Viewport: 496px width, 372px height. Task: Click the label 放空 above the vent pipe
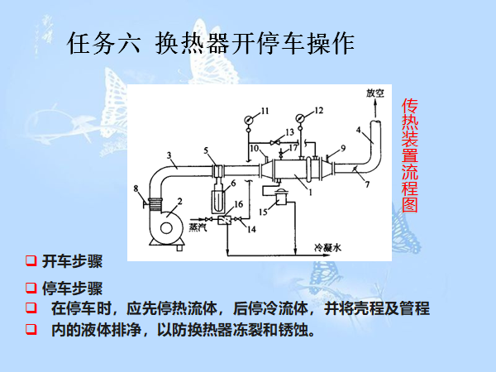[376, 94]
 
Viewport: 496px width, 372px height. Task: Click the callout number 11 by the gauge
[265, 110]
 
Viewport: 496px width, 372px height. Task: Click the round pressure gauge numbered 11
[249, 119]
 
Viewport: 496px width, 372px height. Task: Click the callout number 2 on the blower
[178, 203]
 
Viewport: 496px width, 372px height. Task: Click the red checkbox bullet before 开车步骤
[31, 262]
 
